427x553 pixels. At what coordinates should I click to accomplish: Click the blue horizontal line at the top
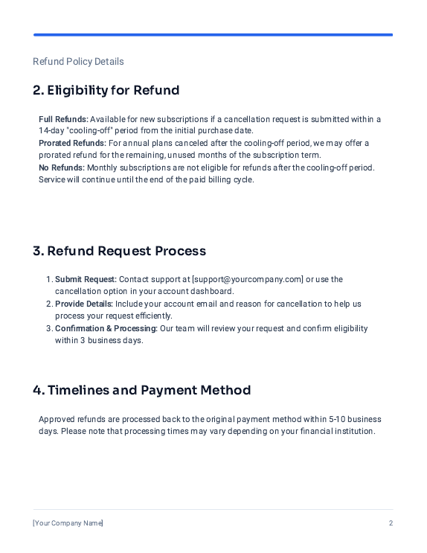[x=213, y=34]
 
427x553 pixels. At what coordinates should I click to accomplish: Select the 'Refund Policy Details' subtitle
[x=78, y=62]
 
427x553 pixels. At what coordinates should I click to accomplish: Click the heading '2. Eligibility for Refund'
[x=106, y=91]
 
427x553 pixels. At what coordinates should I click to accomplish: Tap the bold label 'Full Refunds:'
[x=63, y=119]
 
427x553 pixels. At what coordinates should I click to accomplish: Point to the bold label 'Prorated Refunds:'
[x=72, y=143]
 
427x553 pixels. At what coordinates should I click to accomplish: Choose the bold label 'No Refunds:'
[x=62, y=167]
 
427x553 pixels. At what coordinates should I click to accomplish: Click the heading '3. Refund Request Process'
[x=119, y=251]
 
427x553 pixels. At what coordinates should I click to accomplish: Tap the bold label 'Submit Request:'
[x=86, y=279]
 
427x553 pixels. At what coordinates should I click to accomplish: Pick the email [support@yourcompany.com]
[x=248, y=279]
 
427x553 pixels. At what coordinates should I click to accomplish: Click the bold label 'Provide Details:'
[x=84, y=304]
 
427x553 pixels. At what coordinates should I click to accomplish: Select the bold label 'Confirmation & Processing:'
[x=106, y=328]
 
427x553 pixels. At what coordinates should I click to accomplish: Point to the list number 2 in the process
[x=49, y=304]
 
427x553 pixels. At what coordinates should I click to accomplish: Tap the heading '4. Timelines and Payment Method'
[x=141, y=390]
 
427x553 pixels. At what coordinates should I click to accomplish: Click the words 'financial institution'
[x=339, y=432]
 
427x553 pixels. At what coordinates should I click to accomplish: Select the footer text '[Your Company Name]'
[x=68, y=523]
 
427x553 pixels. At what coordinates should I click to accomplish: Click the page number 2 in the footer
[x=391, y=523]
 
